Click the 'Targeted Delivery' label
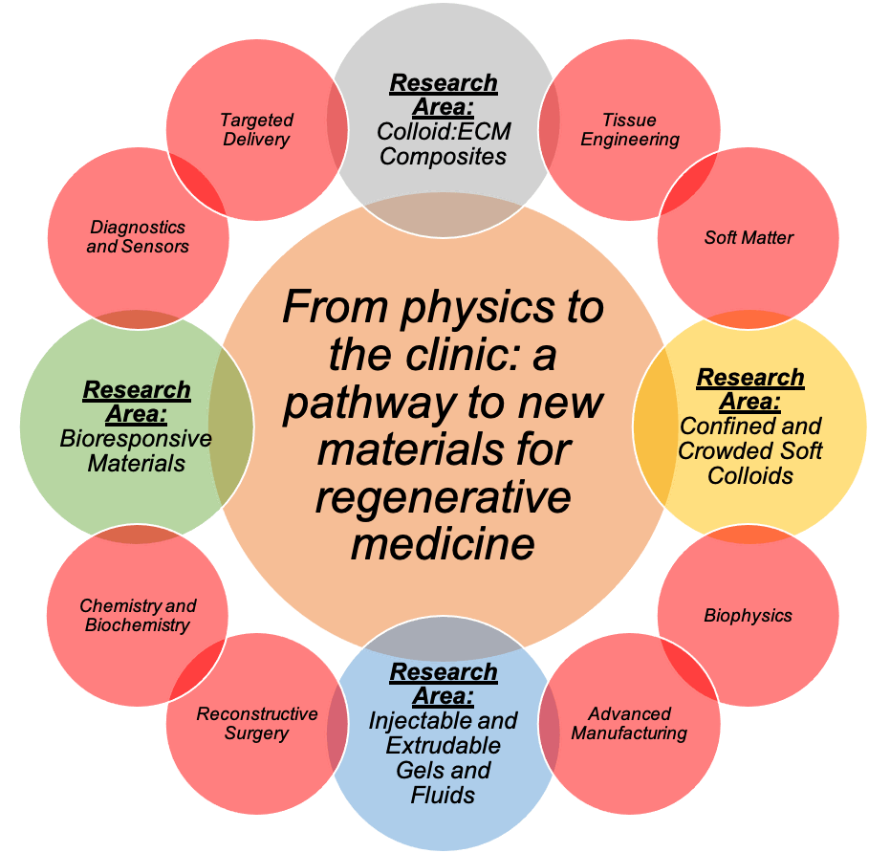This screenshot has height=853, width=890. pos(256,129)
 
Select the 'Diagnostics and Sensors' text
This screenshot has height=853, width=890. pos(138,236)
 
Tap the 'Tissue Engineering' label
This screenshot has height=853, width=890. pos(630,129)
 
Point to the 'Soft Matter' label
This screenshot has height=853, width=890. pos(749,237)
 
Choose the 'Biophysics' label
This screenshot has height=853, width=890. pos(748,615)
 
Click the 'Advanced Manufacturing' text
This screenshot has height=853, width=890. pos(630,723)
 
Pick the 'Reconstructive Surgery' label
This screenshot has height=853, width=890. pos(256,723)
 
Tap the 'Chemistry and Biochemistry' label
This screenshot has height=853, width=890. pos(138,615)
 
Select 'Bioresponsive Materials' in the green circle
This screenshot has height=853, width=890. pos(136,450)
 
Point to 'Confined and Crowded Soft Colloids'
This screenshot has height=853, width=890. pos(750,449)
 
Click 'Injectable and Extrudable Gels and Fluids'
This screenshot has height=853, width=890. pos(443,756)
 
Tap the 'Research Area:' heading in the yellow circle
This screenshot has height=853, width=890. pos(750,388)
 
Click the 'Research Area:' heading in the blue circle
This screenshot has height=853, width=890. pos(443,683)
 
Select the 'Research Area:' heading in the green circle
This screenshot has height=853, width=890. pos(136,402)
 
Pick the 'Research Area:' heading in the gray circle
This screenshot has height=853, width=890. pos(443,94)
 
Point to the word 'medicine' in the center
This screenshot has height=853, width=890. pos(442,544)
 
